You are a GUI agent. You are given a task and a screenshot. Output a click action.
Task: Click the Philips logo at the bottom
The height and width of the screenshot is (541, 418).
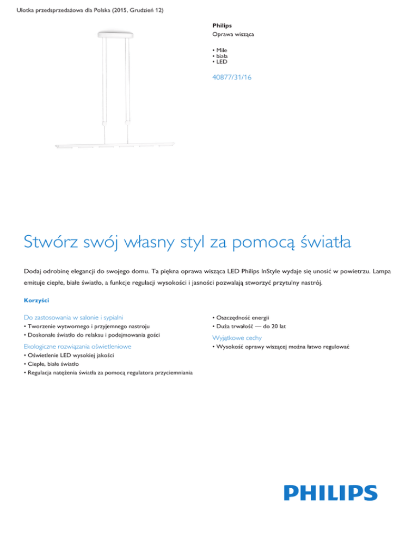point(330,493)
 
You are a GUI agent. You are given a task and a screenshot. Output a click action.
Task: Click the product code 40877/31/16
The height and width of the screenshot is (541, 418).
point(232,78)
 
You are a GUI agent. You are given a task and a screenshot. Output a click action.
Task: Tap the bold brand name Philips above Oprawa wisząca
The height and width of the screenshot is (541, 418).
point(222,25)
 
